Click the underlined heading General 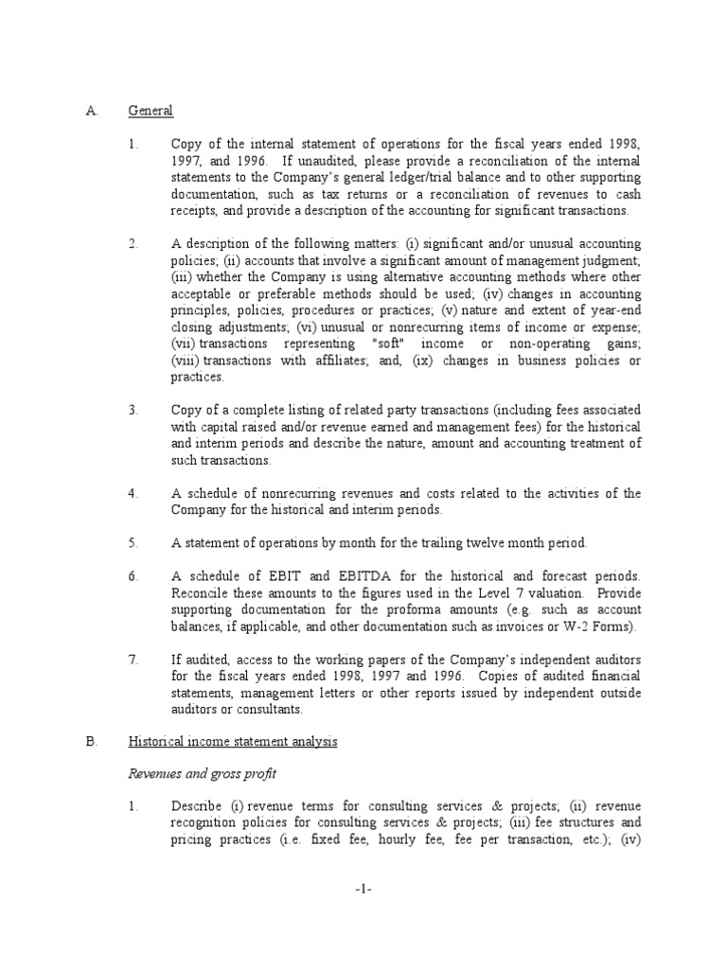pos(151,111)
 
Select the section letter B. pos(91,742)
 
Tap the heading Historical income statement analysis pos(233,742)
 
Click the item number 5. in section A pos(133,543)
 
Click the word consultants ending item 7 pos(271,710)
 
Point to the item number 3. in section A pos(133,410)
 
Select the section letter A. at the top pos(91,111)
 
